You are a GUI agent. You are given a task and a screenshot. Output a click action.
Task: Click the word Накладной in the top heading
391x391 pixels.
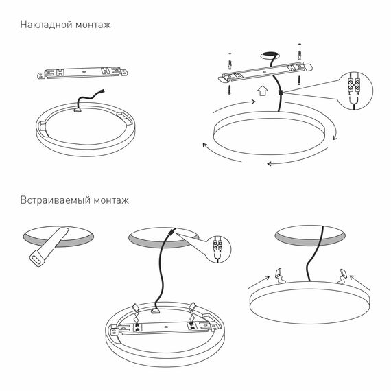[x=45, y=25]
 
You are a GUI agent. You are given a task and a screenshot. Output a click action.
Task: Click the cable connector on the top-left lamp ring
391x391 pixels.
[x=78, y=107]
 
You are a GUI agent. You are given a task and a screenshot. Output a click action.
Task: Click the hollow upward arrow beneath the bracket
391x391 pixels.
[x=261, y=90]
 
